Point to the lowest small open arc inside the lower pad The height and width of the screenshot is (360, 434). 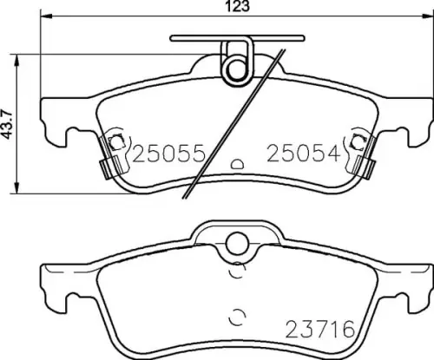pos(233,315)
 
